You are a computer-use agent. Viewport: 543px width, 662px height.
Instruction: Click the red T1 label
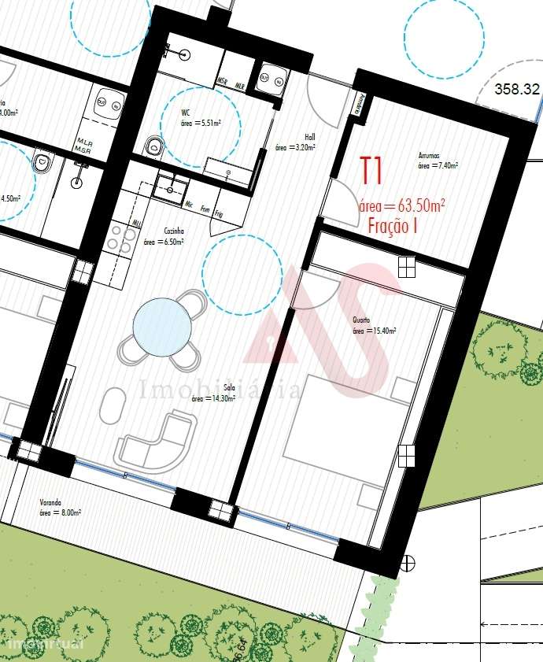(x=371, y=171)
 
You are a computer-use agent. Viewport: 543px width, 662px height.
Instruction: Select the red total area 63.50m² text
(x=401, y=205)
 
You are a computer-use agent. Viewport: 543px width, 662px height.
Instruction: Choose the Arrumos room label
(x=429, y=156)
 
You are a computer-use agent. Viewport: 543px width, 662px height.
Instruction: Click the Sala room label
(x=230, y=388)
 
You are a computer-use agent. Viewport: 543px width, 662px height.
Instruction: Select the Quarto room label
(x=361, y=320)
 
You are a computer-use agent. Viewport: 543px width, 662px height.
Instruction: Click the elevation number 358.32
(x=517, y=90)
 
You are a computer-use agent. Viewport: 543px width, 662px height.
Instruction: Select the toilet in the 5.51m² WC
(x=155, y=145)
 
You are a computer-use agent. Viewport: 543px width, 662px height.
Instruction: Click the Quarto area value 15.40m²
(x=374, y=331)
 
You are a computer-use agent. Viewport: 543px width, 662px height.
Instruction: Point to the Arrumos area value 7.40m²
(x=438, y=166)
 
